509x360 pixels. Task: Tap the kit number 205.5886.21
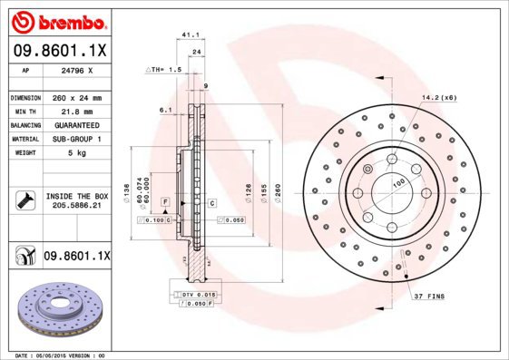click(76, 206)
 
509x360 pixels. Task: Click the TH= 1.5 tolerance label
click(165, 69)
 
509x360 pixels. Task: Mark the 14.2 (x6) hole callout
click(438, 98)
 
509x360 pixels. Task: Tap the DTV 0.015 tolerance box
click(194, 296)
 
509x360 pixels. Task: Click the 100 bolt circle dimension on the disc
click(396, 182)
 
